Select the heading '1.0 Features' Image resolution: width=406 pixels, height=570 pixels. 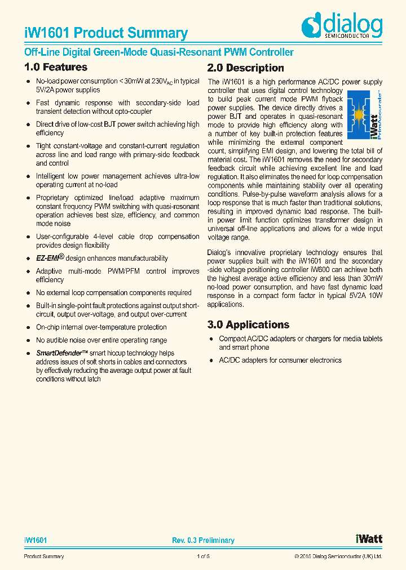click(x=56, y=68)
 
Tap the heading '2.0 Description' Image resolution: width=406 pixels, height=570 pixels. click(x=246, y=68)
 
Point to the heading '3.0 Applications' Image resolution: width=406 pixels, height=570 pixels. click(x=248, y=325)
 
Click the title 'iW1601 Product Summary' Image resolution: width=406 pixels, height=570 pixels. click(x=106, y=33)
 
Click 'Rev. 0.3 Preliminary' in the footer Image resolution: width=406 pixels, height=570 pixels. click(x=203, y=541)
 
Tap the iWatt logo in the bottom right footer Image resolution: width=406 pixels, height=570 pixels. click(x=369, y=539)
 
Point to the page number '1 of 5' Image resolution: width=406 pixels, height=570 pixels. click(x=203, y=557)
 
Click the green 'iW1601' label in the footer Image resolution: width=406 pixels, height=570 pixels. click(x=35, y=541)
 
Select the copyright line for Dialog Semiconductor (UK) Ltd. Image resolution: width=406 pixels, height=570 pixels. click(x=338, y=557)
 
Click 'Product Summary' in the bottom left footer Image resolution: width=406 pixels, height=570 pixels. click(x=43, y=557)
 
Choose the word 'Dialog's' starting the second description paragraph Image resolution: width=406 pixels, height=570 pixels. click(x=220, y=253)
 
